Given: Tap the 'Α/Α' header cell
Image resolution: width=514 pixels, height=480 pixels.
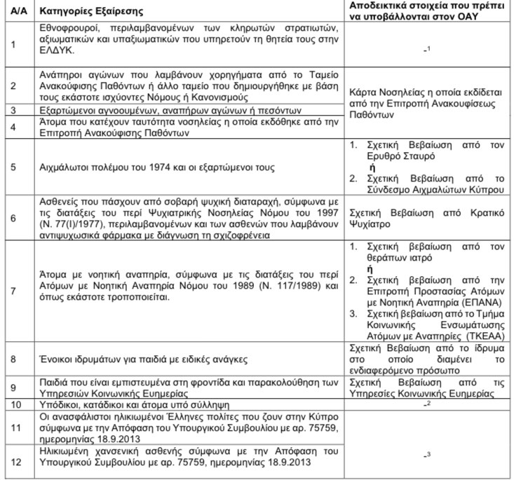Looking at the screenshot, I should [13, 12].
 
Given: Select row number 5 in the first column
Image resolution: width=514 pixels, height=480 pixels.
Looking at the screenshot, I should [12, 168].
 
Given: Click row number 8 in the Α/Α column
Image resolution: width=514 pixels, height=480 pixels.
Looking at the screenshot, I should [12, 359].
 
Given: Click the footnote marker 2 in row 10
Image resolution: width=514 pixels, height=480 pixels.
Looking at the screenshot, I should [428, 404].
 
